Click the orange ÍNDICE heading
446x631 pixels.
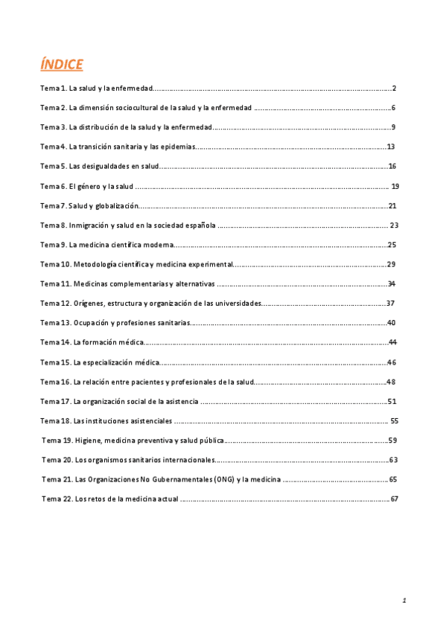pos(62,65)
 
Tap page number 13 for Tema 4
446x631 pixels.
pos(390,147)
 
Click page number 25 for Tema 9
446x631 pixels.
pos(392,244)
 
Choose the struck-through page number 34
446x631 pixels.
pos(391,284)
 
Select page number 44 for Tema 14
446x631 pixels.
pos(392,342)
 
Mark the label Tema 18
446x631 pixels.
pos(55,420)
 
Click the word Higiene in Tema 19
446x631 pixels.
pos(89,440)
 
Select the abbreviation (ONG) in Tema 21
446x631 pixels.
pos(222,479)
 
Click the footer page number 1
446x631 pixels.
pos(403,600)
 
